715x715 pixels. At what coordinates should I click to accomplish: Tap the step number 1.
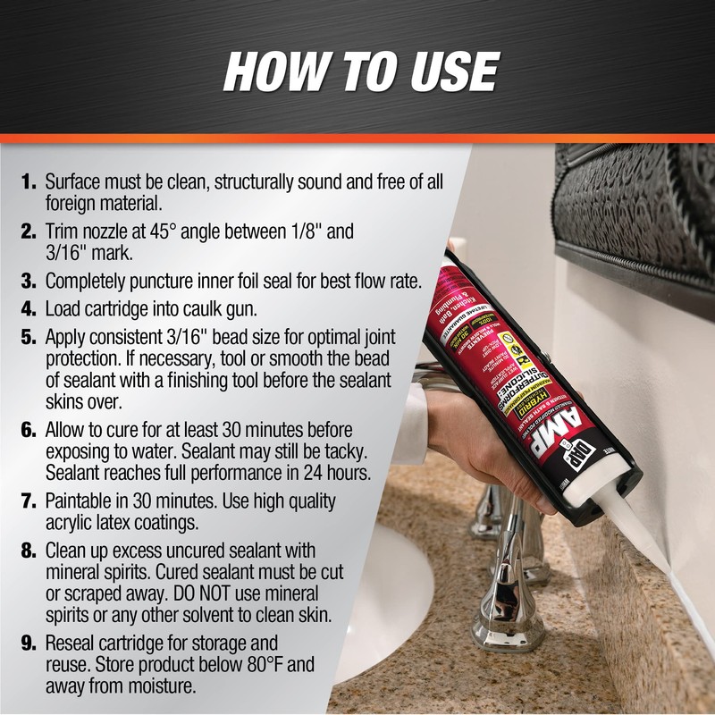click(x=28, y=181)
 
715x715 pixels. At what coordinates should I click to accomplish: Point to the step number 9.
click(x=28, y=643)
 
